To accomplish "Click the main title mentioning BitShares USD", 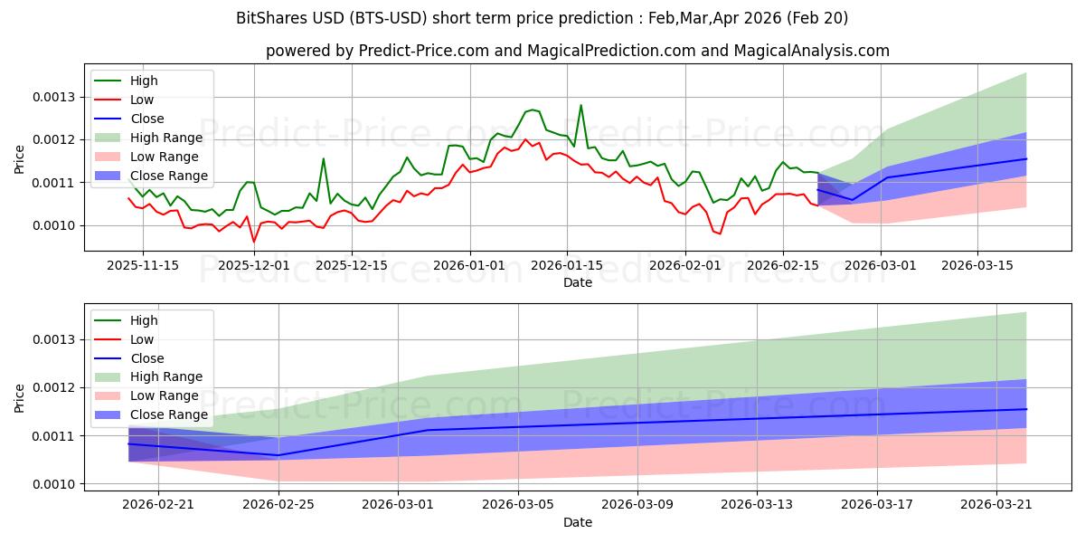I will [x=542, y=18].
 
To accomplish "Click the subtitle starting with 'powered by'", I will [x=577, y=52].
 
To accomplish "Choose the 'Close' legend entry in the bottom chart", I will [x=147, y=358].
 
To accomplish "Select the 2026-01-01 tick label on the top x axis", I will [x=470, y=265].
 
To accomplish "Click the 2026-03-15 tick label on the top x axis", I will [x=977, y=265].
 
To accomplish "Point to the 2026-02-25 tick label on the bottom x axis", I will [x=278, y=505].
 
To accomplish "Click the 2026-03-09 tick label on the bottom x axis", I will [x=637, y=505].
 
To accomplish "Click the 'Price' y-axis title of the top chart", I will [x=20, y=160].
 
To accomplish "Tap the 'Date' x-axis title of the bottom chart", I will [x=577, y=523].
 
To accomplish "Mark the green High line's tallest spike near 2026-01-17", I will [x=580, y=105].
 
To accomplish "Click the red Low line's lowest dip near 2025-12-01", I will [x=254, y=242].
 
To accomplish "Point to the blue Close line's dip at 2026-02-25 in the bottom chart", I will [x=278, y=455].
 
